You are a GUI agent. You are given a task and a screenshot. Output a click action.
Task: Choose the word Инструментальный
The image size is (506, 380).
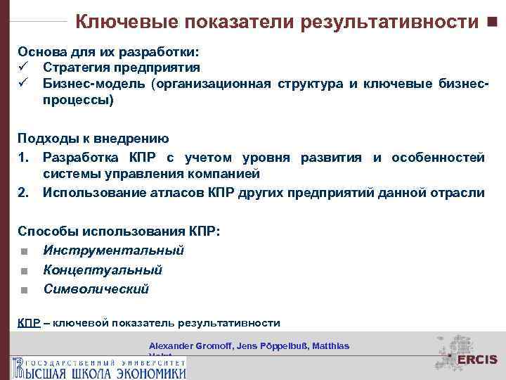point(113,251)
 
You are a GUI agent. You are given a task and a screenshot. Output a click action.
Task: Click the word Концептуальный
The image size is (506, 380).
point(103,270)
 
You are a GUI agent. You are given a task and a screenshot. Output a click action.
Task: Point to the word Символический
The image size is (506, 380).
point(96,289)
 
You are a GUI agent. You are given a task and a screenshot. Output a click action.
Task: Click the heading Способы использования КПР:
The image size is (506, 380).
point(119,231)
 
